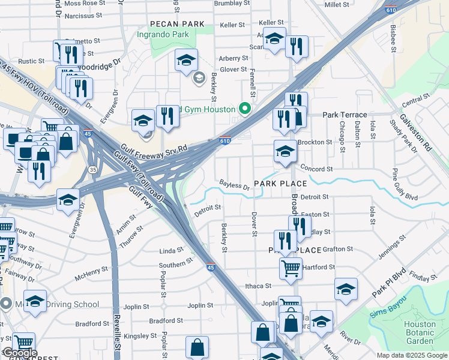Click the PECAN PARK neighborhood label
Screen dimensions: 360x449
[178, 25]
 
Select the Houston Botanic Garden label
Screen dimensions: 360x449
[420, 332]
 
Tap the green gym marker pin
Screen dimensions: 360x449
[244, 109]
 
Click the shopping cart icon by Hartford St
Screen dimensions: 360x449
[291, 269]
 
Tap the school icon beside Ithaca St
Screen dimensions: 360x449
[346, 290]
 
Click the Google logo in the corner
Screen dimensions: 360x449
[19, 353]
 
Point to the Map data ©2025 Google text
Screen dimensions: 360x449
[411, 355]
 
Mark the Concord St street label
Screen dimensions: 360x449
[316, 169]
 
